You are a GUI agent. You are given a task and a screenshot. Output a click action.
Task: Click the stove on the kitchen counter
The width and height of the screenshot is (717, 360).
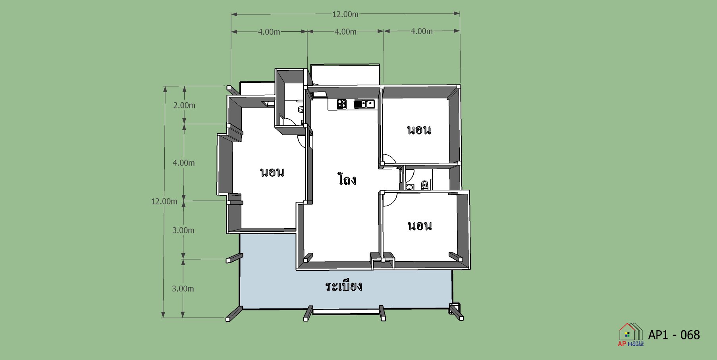point(341,104)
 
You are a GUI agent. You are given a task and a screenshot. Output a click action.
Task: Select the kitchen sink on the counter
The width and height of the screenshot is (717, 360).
point(364,104)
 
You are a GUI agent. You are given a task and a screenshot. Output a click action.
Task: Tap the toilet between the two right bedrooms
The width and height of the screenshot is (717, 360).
point(424,185)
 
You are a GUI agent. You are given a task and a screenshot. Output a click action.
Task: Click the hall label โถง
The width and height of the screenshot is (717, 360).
point(347,179)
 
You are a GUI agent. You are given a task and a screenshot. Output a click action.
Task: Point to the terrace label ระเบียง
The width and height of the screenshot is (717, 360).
point(343,286)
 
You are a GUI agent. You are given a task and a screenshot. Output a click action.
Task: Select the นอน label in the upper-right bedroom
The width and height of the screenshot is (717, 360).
point(419,130)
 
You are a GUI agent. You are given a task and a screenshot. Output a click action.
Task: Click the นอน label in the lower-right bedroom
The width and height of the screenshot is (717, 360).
point(420,226)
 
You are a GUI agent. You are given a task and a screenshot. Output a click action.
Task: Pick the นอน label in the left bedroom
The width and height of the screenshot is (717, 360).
point(272,172)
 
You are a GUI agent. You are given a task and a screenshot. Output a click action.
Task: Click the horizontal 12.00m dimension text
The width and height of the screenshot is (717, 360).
point(345,14)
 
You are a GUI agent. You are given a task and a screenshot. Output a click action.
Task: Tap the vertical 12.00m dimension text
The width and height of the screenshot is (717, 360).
point(164,201)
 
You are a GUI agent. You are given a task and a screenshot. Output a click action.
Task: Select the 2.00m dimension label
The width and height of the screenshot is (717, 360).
point(184,105)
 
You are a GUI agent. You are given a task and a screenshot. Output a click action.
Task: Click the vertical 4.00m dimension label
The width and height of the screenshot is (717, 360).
point(184,163)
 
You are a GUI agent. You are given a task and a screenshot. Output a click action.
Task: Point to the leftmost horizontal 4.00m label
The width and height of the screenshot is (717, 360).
point(269,32)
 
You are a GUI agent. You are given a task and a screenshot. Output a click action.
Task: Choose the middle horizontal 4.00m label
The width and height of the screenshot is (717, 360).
point(345,31)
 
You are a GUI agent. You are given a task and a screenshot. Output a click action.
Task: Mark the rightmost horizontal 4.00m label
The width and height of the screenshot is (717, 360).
point(422,31)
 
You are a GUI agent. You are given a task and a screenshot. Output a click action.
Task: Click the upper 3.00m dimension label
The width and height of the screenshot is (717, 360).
point(183,230)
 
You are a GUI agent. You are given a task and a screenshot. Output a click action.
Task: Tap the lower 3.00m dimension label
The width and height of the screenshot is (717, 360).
point(183,289)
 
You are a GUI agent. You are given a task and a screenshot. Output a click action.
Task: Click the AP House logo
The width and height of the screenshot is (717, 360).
point(630,335)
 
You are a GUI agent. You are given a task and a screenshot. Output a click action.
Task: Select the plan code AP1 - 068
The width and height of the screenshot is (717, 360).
point(674,335)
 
